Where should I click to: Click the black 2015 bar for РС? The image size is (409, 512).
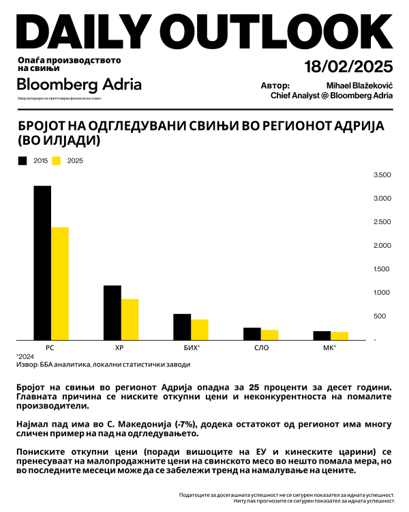coord(42,263)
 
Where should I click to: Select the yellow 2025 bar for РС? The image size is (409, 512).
coord(60,283)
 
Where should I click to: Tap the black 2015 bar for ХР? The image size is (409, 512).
coord(112,313)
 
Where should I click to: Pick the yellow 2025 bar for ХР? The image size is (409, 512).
coord(130,319)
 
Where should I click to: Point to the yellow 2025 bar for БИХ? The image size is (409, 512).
coord(200,329)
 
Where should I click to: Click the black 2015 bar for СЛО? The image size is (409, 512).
coord(252,333)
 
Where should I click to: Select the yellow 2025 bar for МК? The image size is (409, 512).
coord(339,335)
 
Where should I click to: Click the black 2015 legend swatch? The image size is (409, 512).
coord(22,161)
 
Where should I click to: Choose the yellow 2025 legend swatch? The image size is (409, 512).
coord(57,161)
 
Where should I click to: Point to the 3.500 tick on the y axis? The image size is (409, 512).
coord(382,175)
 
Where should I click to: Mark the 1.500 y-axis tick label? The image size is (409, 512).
coord(382,269)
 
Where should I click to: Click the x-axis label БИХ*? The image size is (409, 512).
coord(192,348)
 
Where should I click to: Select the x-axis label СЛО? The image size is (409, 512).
coord(261,348)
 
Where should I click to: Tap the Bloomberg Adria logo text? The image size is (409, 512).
coord(79,85)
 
